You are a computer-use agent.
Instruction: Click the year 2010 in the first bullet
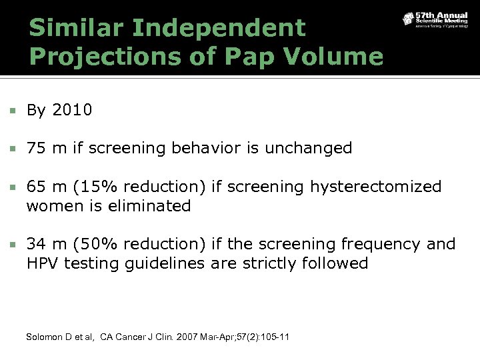(71, 110)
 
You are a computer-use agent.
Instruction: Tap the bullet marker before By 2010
(11, 111)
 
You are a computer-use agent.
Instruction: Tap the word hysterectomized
(375, 187)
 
